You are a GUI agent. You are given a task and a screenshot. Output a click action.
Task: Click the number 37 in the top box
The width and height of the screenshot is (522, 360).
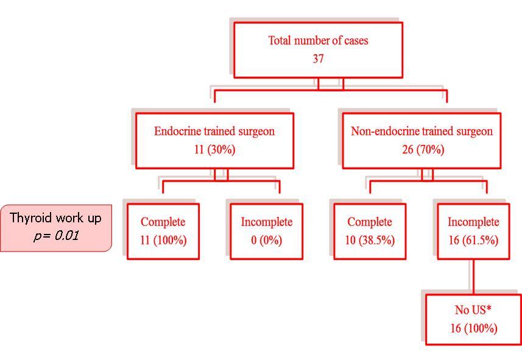(x=318, y=59)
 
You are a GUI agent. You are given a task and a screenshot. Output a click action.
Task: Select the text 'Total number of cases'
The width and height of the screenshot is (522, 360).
(x=318, y=41)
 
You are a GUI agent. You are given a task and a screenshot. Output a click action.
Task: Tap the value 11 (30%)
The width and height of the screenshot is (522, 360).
(x=214, y=150)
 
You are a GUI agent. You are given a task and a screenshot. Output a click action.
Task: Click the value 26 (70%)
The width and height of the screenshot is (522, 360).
(x=421, y=150)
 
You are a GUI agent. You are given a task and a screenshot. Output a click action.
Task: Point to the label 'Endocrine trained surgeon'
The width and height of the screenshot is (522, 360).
(x=214, y=132)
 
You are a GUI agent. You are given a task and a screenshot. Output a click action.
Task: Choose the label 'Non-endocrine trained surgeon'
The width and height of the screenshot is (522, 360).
(x=421, y=132)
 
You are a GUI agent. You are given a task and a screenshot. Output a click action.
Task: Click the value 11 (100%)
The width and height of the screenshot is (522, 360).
(x=163, y=240)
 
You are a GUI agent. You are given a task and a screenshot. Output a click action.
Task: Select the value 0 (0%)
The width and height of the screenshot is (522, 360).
(x=266, y=240)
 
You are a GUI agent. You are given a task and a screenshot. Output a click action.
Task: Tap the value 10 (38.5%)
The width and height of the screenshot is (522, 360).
(x=370, y=240)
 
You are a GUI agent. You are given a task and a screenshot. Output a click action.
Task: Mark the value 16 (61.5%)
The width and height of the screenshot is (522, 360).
(x=473, y=240)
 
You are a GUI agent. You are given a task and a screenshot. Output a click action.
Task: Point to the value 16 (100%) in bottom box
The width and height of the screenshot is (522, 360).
(x=473, y=329)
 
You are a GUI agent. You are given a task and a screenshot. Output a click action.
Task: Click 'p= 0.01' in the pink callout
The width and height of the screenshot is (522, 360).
(x=55, y=235)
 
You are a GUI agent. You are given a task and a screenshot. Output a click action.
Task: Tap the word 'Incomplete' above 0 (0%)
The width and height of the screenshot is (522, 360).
(x=266, y=222)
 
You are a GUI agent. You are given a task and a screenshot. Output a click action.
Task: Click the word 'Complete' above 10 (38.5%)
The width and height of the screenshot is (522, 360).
(x=370, y=222)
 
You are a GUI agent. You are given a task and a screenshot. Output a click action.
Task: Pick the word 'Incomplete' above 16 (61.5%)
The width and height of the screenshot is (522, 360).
(x=473, y=222)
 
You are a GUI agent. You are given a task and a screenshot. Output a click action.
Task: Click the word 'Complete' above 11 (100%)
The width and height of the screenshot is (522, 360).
(x=163, y=222)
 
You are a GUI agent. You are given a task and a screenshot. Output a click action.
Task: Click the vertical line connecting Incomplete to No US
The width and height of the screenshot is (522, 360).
(x=473, y=277)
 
